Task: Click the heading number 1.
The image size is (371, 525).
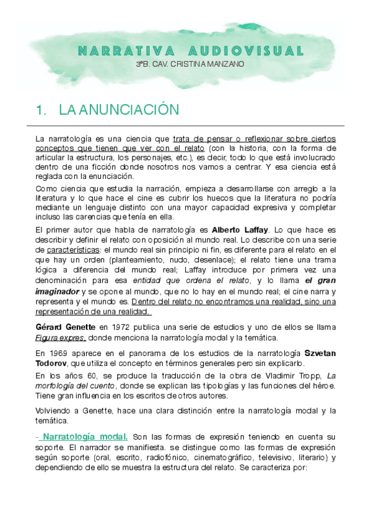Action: pyautogui.click(x=42, y=110)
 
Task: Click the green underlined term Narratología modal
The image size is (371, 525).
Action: pyautogui.click(x=87, y=437)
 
